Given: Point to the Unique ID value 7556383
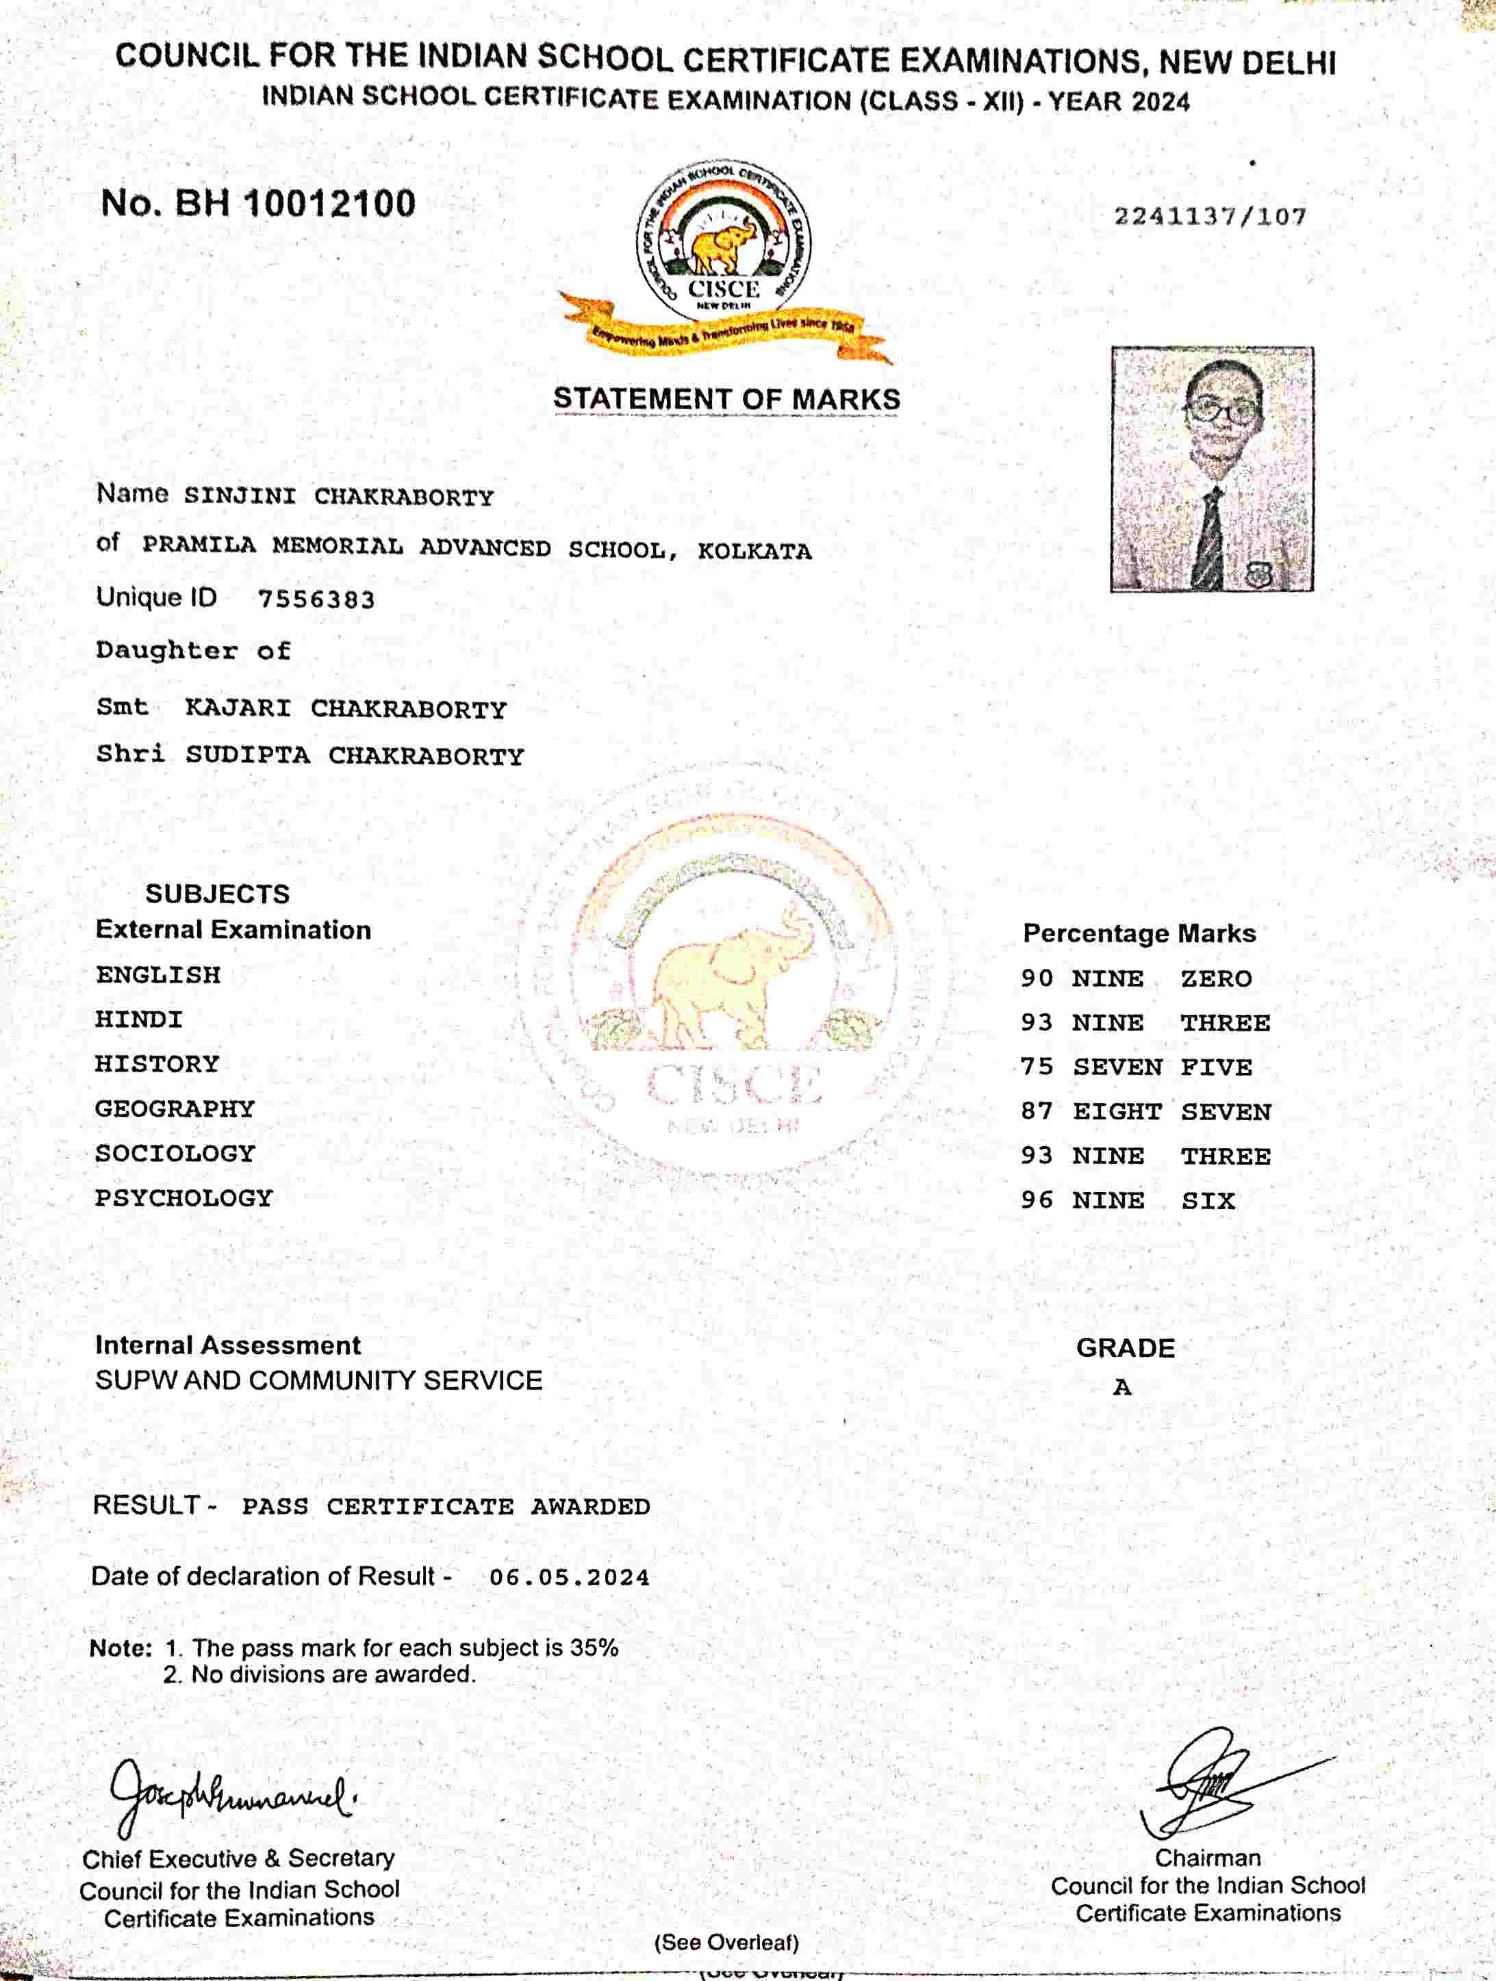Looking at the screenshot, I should click(x=316, y=599).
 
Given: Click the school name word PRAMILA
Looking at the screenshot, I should click(x=199, y=545).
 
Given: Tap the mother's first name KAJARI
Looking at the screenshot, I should click(x=238, y=708).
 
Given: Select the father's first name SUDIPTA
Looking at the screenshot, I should click(x=247, y=755).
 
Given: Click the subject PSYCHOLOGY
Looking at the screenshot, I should click(x=183, y=1198).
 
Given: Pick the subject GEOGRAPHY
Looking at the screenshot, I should click(x=175, y=1109).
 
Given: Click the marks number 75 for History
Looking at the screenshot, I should click(x=1037, y=1067).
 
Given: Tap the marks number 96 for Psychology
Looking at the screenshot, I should click(x=1037, y=1201).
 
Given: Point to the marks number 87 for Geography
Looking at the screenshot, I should click(x=1037, y=1112).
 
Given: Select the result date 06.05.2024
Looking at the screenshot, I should click(x=569, y=1577).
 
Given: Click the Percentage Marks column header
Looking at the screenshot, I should click(x=1139, y=934).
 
